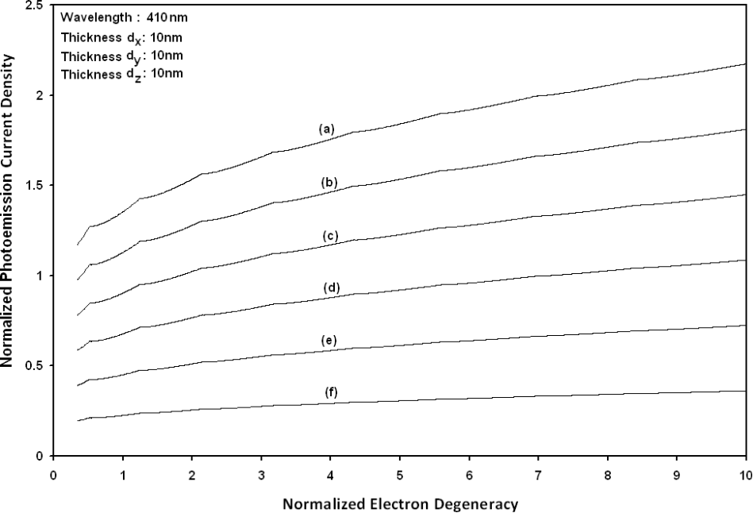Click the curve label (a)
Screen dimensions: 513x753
(325, 128)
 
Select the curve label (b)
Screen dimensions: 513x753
(329, 183)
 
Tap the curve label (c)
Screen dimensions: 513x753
(331, 236)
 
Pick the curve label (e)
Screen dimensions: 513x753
(329, 341)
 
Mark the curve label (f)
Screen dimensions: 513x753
(331, 391)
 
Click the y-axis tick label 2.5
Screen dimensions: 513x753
(34, 6)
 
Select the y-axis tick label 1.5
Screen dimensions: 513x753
(34, 186)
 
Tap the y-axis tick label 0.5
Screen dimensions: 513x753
(34, 366)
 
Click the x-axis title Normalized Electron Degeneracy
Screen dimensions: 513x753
(400, 503)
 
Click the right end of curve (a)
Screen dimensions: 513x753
(745, 64)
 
